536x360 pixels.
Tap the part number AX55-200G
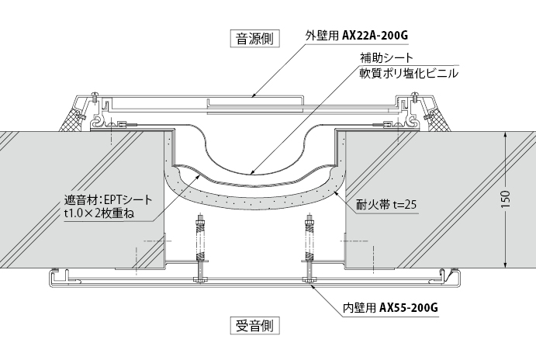coord(410,308)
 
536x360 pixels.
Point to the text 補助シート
coord(386,58)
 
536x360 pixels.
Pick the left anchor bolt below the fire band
coord(201,248)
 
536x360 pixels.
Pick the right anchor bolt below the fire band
coord(309,248)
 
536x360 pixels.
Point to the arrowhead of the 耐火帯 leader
coord(336,189)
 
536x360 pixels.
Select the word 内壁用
coord(359,308)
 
